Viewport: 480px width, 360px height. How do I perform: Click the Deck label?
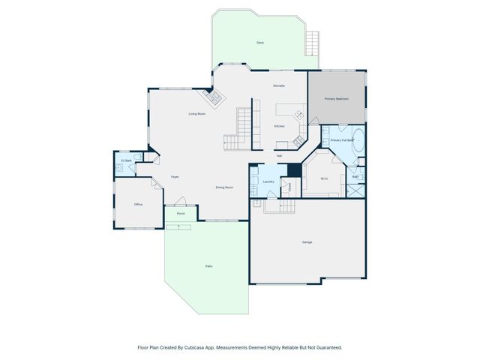point(260,43)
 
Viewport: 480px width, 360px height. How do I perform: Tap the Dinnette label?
point(278,86)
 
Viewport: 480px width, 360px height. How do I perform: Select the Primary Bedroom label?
point(336,99)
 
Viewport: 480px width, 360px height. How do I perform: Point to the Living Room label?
point(197,113)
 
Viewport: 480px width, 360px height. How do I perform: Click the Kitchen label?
point(279,126)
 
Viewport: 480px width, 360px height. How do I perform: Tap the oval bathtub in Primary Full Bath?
point(358,140)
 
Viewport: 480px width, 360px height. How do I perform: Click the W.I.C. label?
point(324,178)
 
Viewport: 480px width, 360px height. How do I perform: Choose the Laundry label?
point(268,181)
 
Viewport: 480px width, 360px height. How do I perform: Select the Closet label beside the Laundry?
point(289,188)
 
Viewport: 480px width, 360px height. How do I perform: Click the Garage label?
point(307,242)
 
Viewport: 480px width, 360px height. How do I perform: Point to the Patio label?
point(208,266)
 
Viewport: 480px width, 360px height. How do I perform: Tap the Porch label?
point(181,214)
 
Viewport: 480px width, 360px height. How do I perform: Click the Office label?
point(138,204)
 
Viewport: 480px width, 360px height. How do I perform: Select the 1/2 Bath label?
point(127,161)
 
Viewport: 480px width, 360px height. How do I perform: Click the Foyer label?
point(174,176)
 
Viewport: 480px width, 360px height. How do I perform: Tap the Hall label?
point(278,155)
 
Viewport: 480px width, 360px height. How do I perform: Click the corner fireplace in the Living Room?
point(209,97)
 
